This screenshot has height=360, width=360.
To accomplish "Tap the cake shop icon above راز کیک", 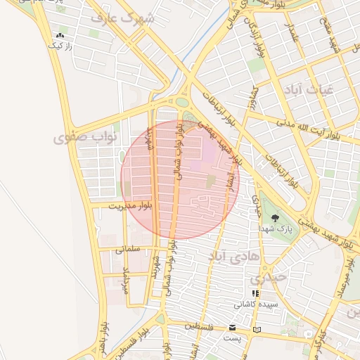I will [x=60, y=35].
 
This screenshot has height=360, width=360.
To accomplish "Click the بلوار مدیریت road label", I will [x=131, y=205].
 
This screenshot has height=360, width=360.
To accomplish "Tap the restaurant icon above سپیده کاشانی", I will [x=256, y=293].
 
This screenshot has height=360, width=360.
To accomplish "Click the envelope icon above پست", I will [x=233, y=328].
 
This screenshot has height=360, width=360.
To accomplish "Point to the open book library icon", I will [x=257, y=329].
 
